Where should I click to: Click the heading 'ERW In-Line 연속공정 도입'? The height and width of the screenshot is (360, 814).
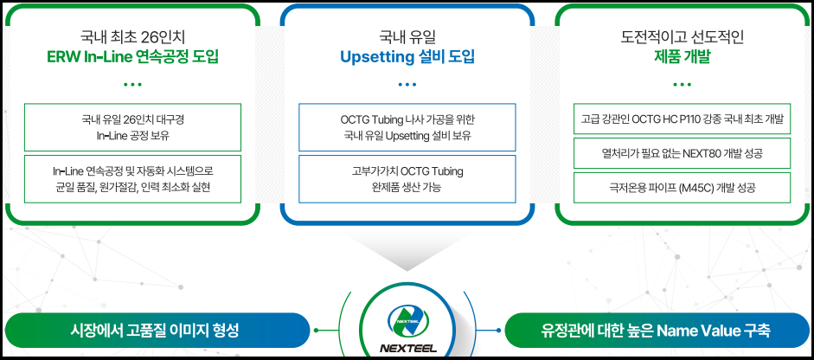[x=132, y=57]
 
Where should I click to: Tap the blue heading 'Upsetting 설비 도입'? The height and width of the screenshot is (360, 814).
[x=407, y=57]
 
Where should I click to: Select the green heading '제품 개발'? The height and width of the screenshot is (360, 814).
[x=682, y=57]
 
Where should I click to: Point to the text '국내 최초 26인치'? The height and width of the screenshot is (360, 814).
[x=132, y=37]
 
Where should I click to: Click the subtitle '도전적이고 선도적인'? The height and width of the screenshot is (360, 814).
[x=682, y=37]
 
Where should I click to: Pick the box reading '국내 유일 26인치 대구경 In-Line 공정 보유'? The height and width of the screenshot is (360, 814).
[x=132, y=127]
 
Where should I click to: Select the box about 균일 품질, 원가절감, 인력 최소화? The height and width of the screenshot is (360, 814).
[x=132, y=178]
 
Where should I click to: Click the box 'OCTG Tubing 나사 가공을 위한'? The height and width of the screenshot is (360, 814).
[x=407, y=127]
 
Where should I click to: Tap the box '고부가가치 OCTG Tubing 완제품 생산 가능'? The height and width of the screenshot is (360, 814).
[x=407, y=178]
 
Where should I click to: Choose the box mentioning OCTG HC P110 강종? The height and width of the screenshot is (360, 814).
[x=682, y=119]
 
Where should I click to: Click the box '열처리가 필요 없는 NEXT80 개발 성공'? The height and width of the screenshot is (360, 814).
[x=682, y=153]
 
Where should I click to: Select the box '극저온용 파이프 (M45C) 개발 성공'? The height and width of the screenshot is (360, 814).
[x=682, y=188]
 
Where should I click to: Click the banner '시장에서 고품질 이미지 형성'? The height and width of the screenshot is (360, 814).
[x=157, y=330]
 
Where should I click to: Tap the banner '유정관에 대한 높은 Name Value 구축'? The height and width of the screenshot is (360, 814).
[x=657, y=330]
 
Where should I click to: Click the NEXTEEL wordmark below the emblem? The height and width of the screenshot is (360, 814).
[x=407, y=348]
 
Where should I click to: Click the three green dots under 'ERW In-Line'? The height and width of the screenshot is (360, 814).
[x=132, y=84]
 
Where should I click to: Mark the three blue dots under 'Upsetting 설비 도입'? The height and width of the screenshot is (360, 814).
[x=407, y=84]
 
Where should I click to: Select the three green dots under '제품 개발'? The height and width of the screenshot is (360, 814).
[x=682, y=84]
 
